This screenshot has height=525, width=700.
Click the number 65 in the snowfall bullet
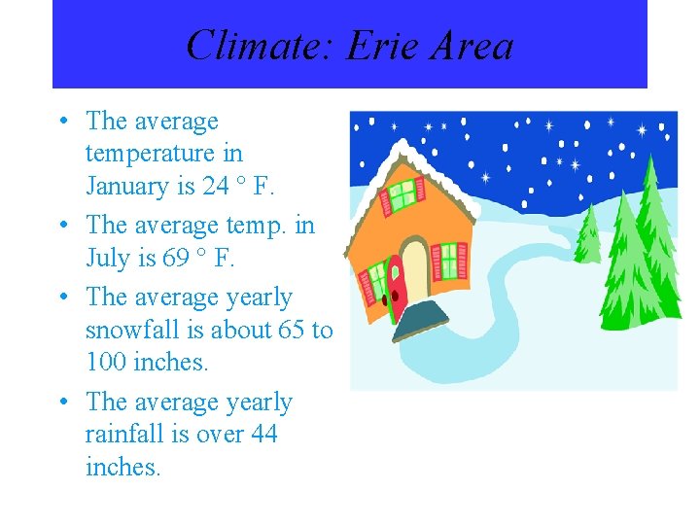292,330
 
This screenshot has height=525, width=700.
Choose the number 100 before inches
106,363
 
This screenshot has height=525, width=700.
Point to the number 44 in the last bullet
263,435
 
